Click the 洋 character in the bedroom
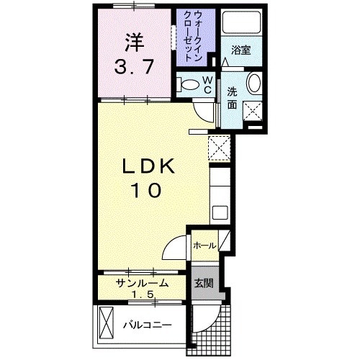click(x=133, y=42)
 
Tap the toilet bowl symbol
click(x=190, y=85)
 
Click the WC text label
click(x=207, y=84)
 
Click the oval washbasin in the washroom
click(x=254, y=84)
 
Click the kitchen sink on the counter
click(x=220, y=212)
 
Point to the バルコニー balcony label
click(x=146, y=325)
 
